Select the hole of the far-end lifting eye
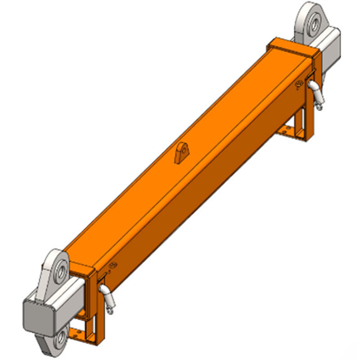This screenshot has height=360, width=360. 310,19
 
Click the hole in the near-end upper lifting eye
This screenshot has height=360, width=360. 57,271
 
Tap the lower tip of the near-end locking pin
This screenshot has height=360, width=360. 114,309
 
